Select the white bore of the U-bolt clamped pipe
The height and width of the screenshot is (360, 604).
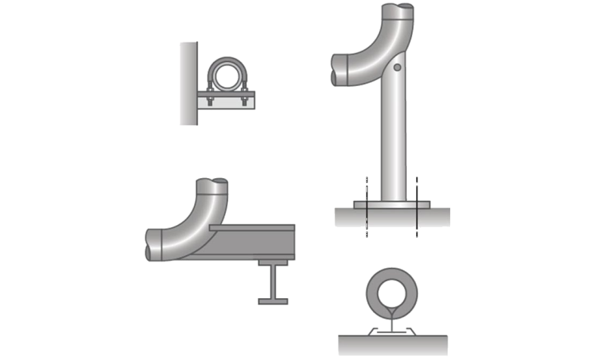(x=227, y=76)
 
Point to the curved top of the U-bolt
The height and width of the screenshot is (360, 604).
(x=227, y=59)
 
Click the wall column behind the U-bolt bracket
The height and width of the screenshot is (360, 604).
(x=188, y=83)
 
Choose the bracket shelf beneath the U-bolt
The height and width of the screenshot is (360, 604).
(x=226, y=100)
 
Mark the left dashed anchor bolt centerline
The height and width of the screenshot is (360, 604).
(x=366, y=208)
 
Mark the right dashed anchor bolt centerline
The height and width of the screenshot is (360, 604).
(x=416, y=208)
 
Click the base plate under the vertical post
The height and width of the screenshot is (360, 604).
(x=391, y=204)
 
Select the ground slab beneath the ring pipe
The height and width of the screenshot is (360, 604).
(x=391, y=344)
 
